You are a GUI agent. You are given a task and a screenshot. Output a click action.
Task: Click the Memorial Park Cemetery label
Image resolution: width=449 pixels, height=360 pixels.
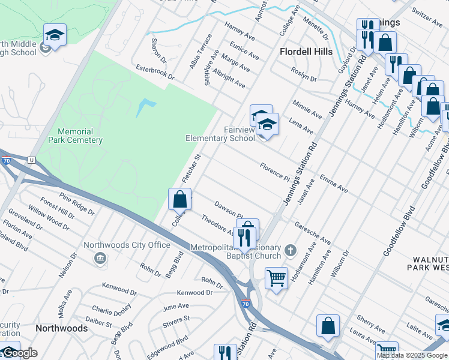(x=79, y=136)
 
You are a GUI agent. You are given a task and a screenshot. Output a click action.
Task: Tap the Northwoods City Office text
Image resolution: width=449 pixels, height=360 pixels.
(x=127, y=245)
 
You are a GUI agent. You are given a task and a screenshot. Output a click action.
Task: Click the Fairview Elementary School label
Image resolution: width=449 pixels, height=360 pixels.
(x=220, y=133)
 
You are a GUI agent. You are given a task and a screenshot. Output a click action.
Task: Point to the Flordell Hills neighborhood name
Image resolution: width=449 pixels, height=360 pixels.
(x=306, y=52)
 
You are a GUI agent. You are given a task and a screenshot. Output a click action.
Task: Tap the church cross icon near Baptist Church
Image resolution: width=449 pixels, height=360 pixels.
(x=291, y=250)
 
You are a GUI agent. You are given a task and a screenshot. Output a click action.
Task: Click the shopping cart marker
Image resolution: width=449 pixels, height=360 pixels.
(x=276, y=277)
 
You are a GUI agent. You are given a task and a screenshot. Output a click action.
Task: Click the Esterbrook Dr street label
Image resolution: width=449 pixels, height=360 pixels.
(x=155, y=73)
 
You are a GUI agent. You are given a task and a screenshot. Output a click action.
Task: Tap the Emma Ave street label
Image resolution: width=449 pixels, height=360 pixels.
(x=334, y=184)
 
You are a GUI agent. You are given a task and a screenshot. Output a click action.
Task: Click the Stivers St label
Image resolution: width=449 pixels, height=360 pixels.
(x=176, y=322)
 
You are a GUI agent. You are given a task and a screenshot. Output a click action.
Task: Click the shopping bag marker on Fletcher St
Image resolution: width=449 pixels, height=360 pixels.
(x=179, y=198)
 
